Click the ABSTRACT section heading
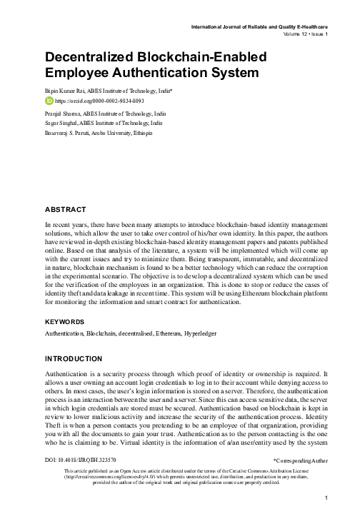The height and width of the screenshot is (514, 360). (x=66, y=209)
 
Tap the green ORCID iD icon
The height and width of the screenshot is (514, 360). (x=49, y=102)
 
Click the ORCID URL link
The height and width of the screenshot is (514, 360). (x=99, y=102)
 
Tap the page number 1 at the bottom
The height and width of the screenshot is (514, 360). (x=326, y=498)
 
